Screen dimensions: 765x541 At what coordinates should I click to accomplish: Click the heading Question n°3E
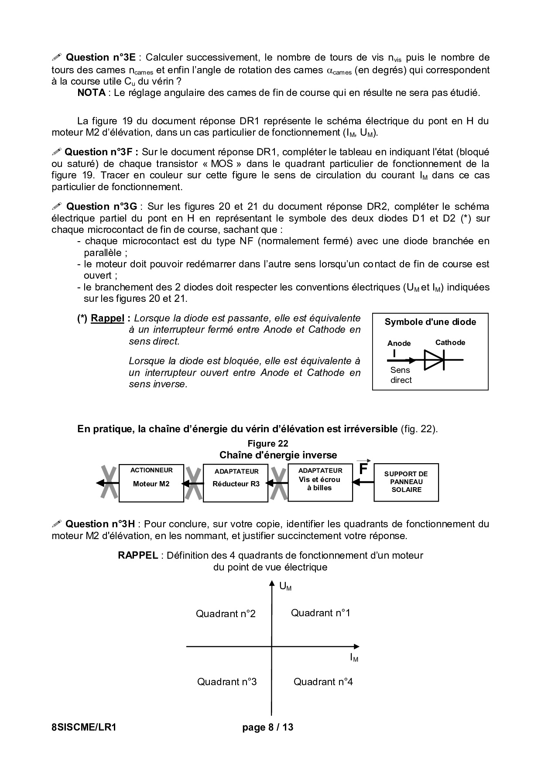coord(101,58)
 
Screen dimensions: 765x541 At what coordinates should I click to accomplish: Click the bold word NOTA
coord(91,92)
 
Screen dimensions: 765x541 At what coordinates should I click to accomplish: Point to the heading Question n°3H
coord(100,524)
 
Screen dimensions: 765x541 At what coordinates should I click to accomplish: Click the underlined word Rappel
coord(107,318)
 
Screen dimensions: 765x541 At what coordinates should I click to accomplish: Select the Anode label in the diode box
coord(399,343)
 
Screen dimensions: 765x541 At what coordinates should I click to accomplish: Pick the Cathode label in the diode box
coord(450,342)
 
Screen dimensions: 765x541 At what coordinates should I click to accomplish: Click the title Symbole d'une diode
coord(430,322)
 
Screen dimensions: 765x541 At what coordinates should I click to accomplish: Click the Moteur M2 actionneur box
coord(151,483)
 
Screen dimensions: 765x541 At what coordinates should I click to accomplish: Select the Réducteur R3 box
coord(236,483)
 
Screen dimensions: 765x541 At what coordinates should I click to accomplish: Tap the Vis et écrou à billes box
coord(320,482)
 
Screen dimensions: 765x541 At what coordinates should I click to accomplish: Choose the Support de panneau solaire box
coord(406,482)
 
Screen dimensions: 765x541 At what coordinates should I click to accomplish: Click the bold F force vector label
coord(363,469)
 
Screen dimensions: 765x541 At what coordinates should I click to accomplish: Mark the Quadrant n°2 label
coord(226,614)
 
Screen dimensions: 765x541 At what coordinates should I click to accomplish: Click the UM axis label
coord(285,587)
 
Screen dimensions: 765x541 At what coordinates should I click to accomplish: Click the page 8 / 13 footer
coord(268,727)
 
